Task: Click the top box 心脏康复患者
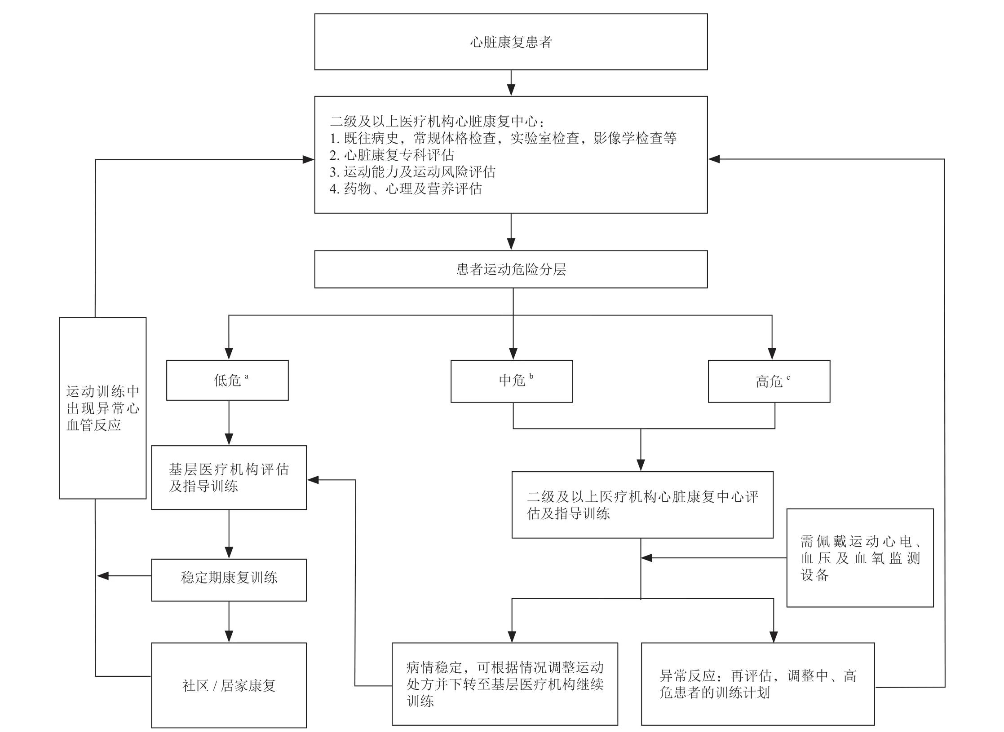511,42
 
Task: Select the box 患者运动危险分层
511,269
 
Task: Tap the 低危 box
227,380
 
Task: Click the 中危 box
512,381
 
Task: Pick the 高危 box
769,381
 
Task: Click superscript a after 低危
247,377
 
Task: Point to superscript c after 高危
788,377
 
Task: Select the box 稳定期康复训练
229,579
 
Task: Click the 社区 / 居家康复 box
229,685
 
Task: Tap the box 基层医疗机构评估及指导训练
229,478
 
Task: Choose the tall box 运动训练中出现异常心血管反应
102,408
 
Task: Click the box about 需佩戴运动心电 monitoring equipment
860,558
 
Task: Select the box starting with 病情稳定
504,684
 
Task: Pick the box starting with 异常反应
758,684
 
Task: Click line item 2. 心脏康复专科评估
392,155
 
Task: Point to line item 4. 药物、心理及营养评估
406,189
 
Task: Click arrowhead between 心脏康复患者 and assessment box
511,89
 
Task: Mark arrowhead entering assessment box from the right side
714,159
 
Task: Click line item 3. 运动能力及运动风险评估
412,172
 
